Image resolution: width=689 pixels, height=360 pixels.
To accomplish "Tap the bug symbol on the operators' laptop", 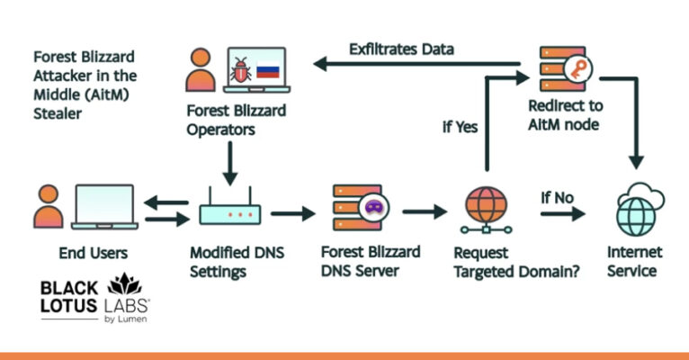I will [x=240, y=69].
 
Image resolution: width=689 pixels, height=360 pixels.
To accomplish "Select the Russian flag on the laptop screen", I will [x=269, y=69].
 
